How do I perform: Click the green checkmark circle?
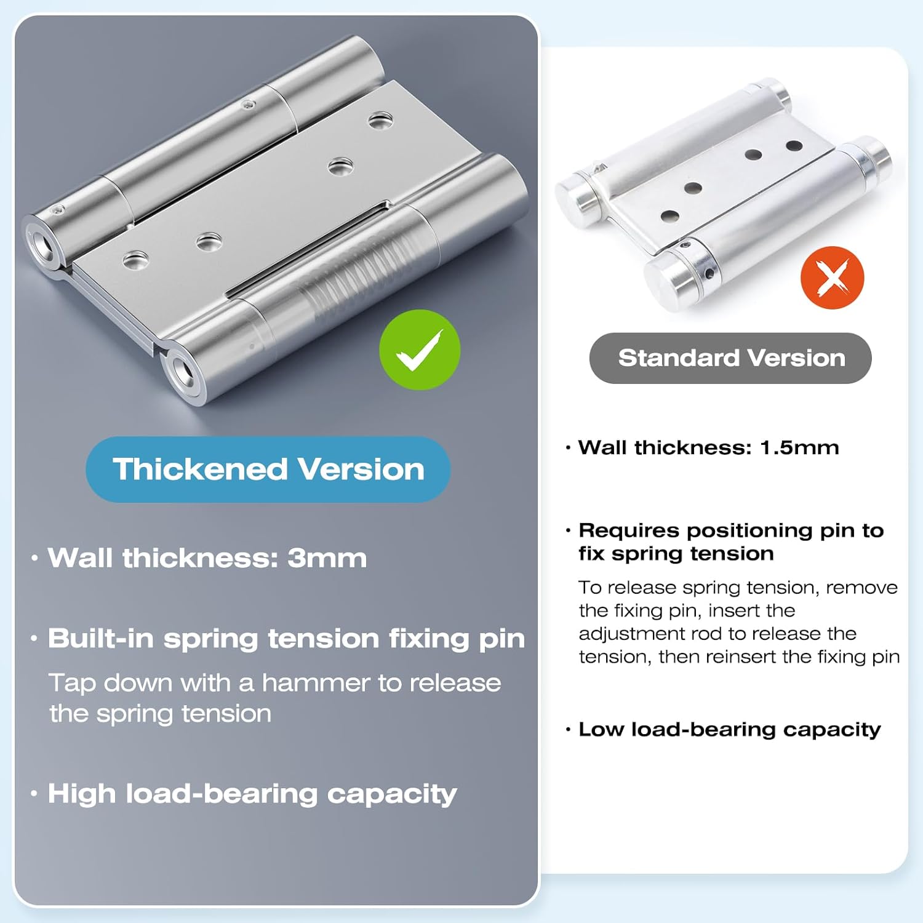coord(420,350)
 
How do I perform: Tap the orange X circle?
coord(832,278)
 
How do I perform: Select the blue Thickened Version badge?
coord(268,469)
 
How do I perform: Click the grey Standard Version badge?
coord(730,358)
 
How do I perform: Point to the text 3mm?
coord(327,558)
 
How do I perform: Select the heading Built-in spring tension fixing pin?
coord(286,639)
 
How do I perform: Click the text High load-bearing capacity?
coord(252,794)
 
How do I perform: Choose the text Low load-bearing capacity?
coord(729,730)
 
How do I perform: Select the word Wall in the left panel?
coord(80,558)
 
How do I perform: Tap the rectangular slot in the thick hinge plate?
coord(308,249)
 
